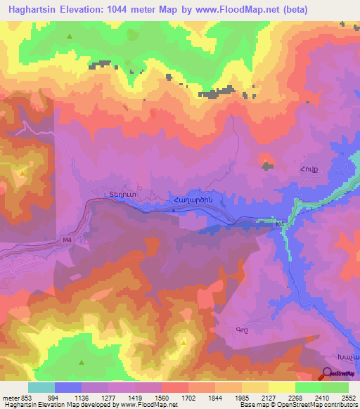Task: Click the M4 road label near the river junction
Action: point(281,224)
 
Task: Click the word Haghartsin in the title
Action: point(33,8)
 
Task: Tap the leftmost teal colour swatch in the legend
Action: point(41,387)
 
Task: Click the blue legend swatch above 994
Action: point(67,387)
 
